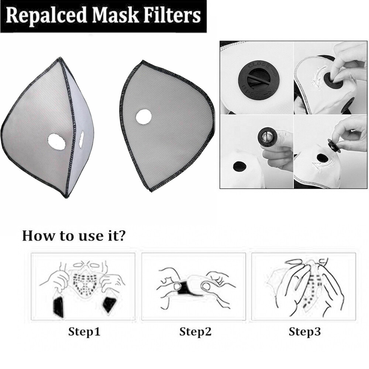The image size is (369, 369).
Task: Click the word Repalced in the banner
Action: click(x=46, y=16)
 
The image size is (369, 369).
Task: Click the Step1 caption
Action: click(x=84, y=331)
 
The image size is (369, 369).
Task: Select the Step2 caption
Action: click(x=195, y=331)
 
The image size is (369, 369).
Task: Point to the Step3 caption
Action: click(x=304, y=331)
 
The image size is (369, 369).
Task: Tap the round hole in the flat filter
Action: click(x=144, y=117)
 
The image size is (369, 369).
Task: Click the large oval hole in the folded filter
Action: click(x=57, y=142)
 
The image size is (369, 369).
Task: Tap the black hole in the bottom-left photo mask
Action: click(x=240, y=166)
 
